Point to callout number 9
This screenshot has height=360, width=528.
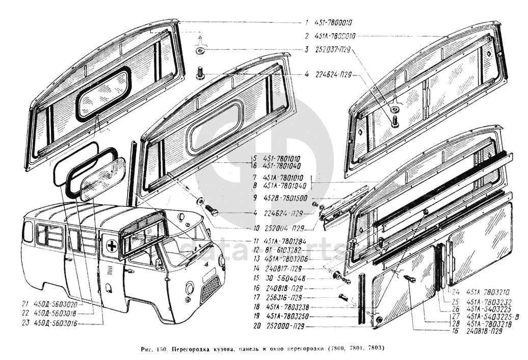307,198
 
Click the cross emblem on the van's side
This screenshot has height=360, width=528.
111,245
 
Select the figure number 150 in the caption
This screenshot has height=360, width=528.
160,349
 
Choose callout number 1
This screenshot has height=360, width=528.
307,22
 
